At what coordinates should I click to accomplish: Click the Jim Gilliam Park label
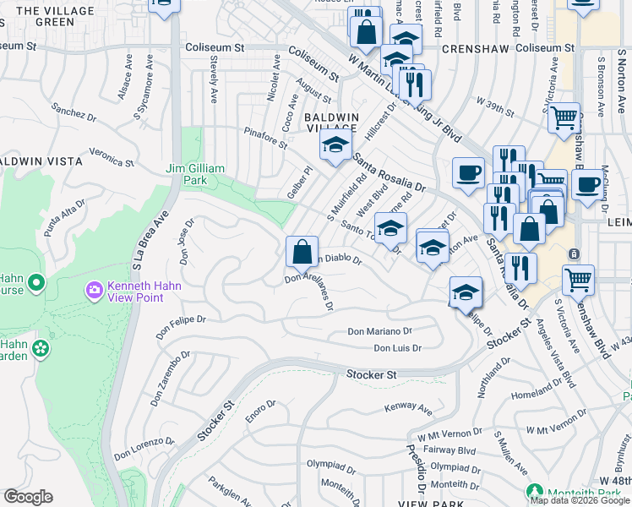(195, 174)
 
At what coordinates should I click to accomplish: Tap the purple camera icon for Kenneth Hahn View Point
(94, 291)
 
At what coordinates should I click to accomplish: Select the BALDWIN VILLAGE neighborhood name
(331, 122)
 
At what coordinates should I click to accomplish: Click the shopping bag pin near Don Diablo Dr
(302, 252)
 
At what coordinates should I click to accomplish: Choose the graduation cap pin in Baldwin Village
(335, 144)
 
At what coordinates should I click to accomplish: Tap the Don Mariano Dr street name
(379, 332)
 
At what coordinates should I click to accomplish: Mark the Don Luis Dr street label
(397, 348)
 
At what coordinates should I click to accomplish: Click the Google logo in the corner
(28, 497)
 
